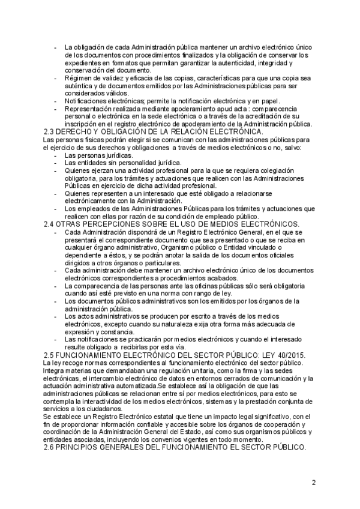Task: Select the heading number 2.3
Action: coord(51,131)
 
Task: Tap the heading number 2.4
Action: coord(51,224)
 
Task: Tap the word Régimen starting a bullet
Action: coord(78,78)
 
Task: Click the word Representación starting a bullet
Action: coord(89,109)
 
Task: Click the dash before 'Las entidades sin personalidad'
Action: coord(56,162)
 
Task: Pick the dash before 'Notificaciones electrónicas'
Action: coord(56,101)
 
